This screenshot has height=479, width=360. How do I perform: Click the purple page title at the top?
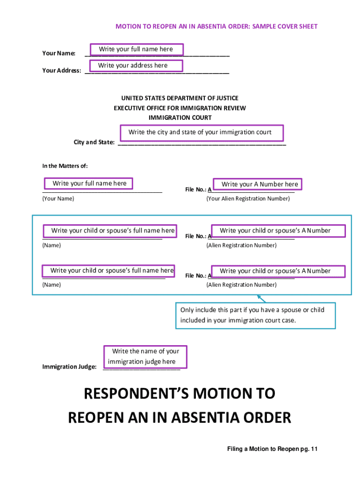coord(216,27)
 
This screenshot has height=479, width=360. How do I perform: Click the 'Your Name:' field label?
coord(59,53)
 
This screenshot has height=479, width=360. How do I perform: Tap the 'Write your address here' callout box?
coord(133,65)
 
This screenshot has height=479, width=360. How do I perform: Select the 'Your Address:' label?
coord(62,71)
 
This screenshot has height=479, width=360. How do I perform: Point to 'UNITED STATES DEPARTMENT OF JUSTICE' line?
coord(180,98)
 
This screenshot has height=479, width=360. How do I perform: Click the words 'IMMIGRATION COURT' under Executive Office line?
coord(180,118)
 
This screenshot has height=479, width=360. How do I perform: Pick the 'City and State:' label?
coord(94,142)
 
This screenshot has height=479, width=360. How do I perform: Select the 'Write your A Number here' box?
coord(257,184)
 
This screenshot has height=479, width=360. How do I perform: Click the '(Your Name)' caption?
coord(58,199)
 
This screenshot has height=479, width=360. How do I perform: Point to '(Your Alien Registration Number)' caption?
coord(248,199)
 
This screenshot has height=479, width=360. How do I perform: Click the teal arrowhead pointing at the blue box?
coord(259,297)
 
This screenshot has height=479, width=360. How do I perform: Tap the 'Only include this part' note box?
coord(255,315)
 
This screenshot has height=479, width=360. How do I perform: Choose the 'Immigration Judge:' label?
coord(70,367)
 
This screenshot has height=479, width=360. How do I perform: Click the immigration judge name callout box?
coord(145,356)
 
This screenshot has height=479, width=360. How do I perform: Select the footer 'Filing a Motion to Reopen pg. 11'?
coord(272,449)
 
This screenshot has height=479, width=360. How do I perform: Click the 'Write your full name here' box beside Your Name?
coord(136,49)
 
